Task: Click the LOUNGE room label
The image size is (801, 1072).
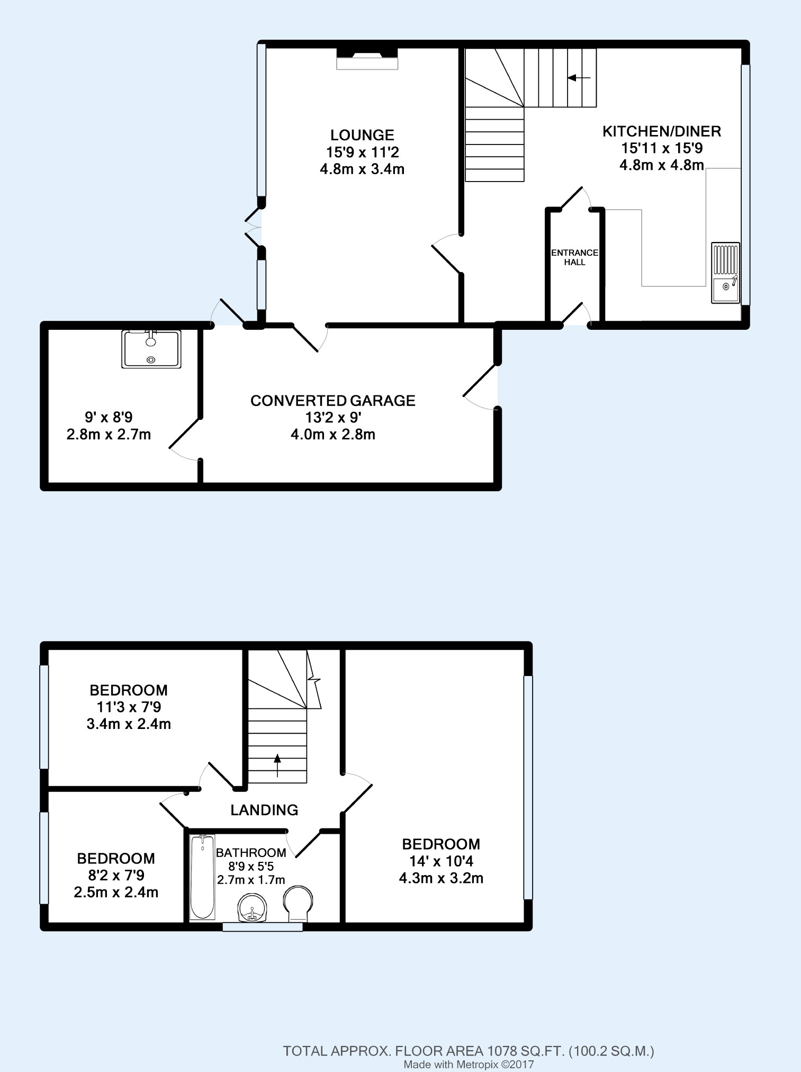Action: [362, 136]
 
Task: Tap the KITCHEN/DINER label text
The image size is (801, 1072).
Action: [662, 131]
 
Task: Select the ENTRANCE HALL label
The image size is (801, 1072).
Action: [574, 257]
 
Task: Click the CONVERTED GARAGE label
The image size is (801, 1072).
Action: [332, 401]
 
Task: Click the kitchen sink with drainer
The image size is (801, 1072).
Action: [725, 273]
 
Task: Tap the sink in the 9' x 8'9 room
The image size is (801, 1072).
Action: [151, 348]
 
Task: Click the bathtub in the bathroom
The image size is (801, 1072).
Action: [202, 877]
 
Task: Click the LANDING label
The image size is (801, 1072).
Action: [264, 810]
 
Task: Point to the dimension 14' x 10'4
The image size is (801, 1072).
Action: [440, 861]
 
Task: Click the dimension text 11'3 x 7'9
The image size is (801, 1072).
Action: [129, 707]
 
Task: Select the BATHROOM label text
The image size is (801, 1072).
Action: [251, 853]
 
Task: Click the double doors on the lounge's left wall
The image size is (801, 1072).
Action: [254, 228]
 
